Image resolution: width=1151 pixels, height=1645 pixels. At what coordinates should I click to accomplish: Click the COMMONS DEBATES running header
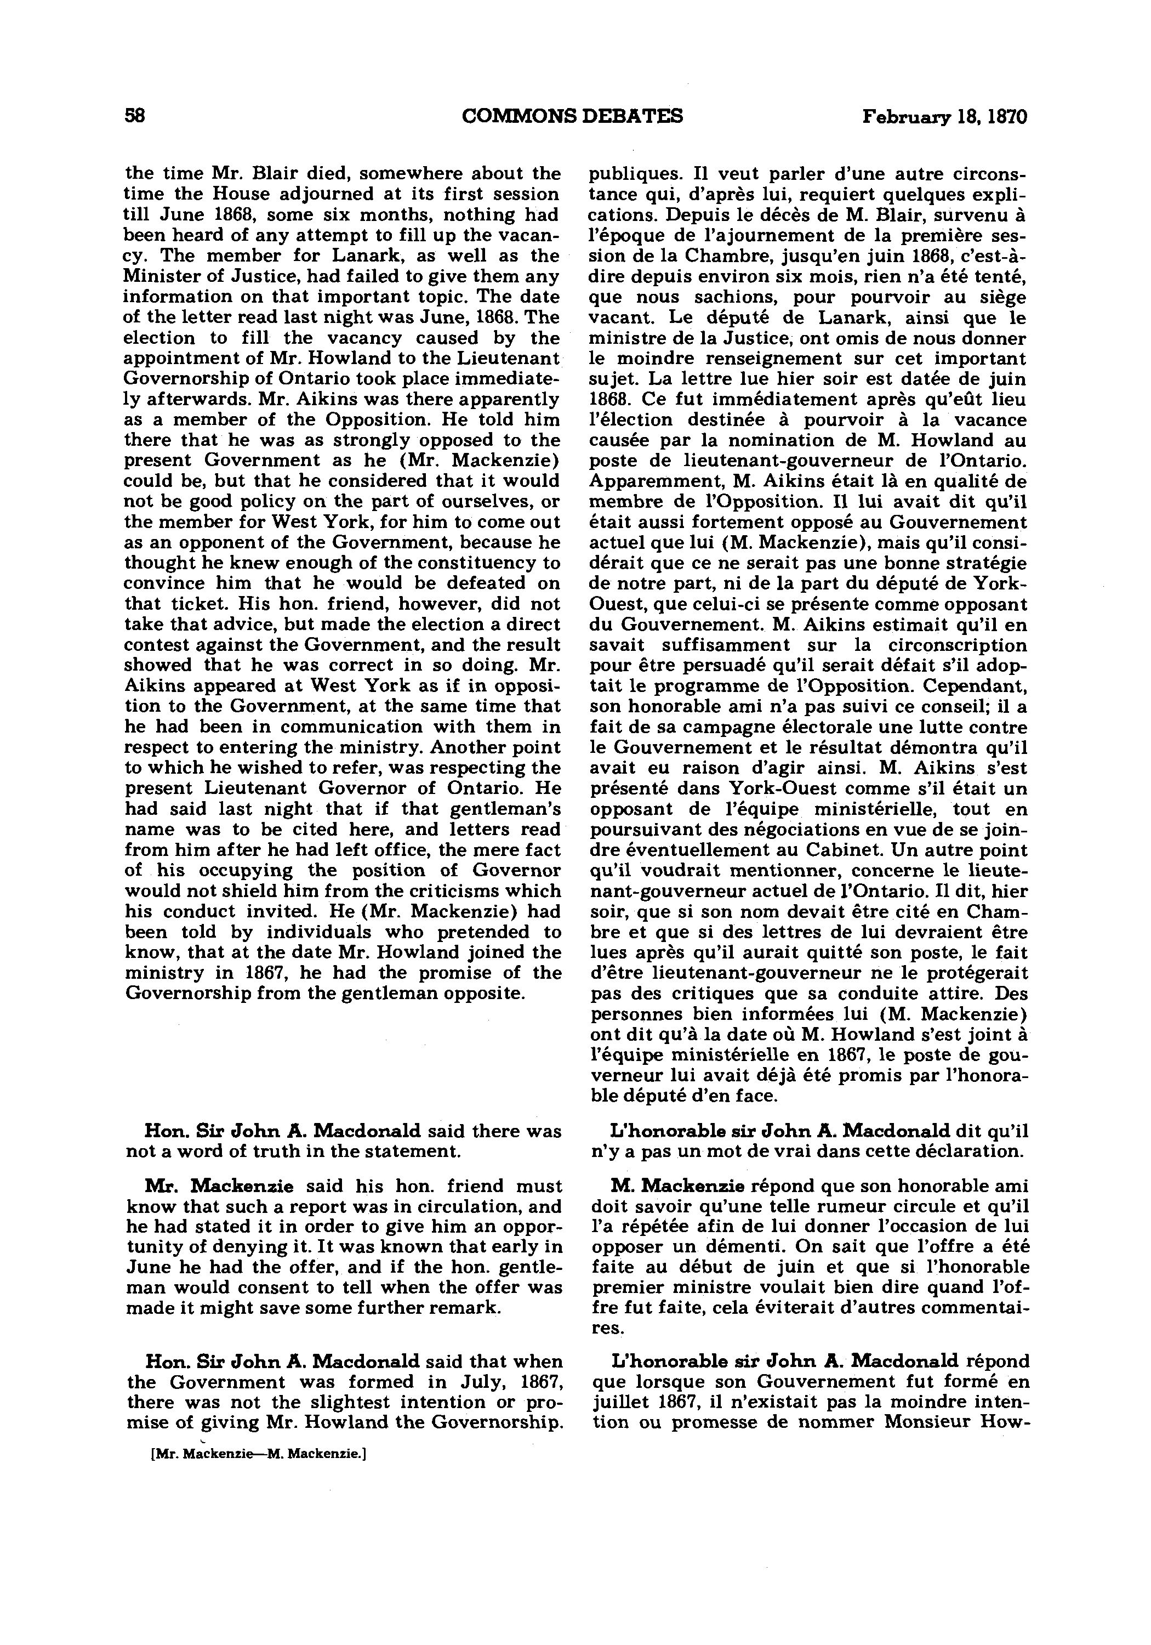click(572, 116)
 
